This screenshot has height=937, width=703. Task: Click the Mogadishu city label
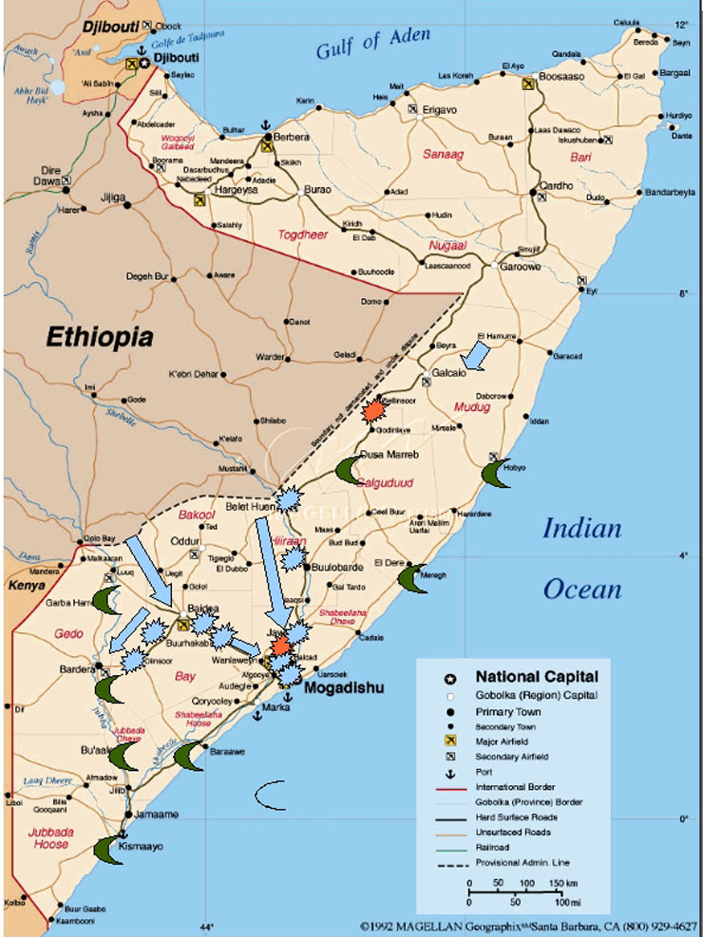point(343,687)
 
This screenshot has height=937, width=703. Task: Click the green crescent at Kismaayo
point(109,850)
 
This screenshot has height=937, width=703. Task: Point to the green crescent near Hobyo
point(496,471)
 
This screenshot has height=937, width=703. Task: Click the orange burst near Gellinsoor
point(373,410)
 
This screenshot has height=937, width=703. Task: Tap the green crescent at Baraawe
point(189,756)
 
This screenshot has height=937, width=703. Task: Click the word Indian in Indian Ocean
point(581,529)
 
